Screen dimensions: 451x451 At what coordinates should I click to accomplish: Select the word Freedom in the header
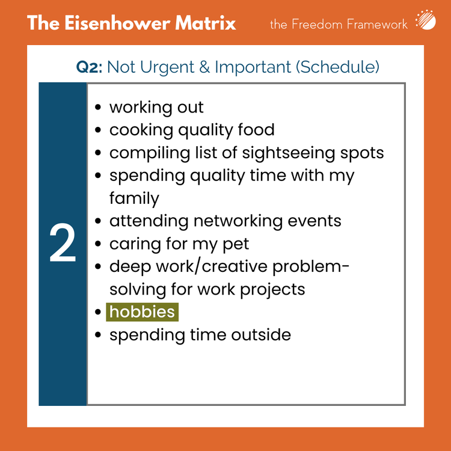[x=316, y=24]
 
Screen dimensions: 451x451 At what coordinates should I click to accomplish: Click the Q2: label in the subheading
[x=90, y=66]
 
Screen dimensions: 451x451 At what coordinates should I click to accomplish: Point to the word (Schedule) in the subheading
[x=337, y=67]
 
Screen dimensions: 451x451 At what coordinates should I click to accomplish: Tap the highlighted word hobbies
[x=142, y=312]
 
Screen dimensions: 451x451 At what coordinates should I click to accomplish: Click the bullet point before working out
[x=98, y=108]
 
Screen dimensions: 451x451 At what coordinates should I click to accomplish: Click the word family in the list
[x=134, y=198]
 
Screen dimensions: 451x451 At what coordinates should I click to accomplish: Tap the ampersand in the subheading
[x=204, y=67]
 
